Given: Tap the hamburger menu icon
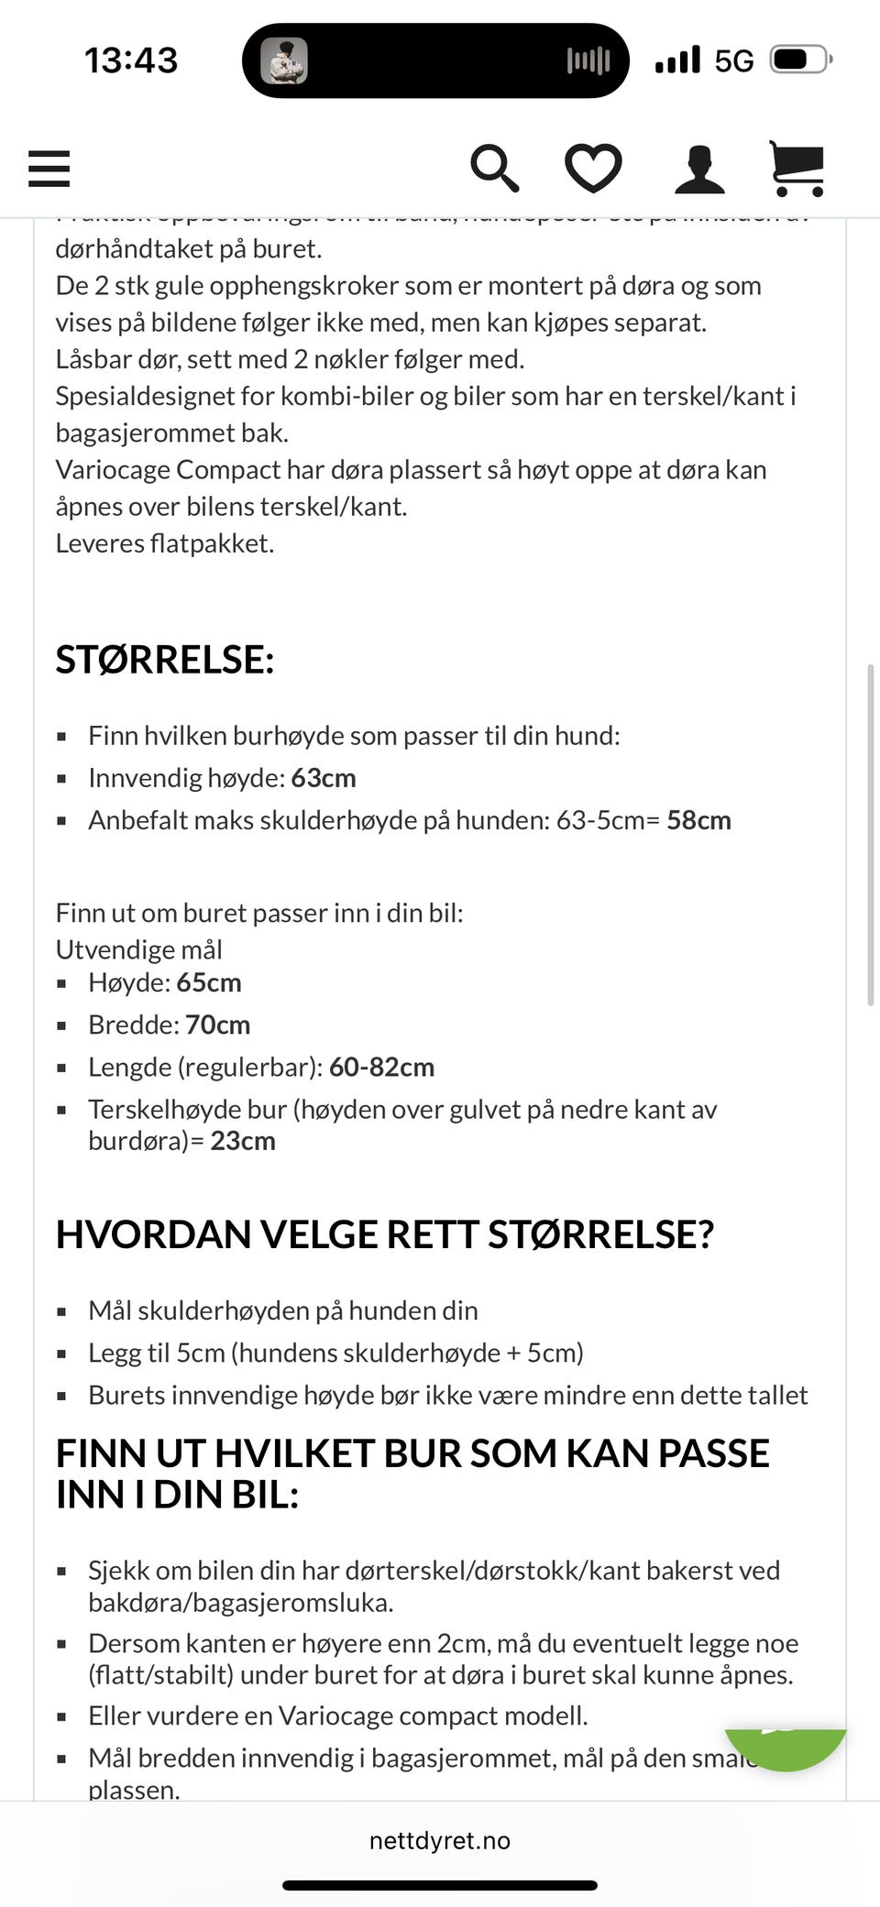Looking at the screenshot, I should tap(49, 169).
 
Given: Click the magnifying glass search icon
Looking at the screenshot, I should tap(494, 169).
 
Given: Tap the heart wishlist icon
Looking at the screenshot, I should tap(593, 169).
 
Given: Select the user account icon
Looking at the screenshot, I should tap(699, 170).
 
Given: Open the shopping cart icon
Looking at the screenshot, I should tap(797, 169).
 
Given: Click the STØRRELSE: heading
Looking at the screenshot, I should tap(165, 660).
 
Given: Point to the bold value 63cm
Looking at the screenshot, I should tap(324, 778).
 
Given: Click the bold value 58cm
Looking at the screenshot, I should tap(698, 820).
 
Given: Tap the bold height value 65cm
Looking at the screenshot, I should tap(209, 982).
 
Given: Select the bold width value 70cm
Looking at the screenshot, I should tap(218, 1025).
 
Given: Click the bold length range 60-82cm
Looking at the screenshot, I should tap(381, 1067).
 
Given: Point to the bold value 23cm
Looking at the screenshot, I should tap(243, 1141).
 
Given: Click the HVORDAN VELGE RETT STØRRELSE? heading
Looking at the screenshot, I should tap(385, 1234).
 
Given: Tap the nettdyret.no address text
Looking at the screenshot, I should tap(440, 1840).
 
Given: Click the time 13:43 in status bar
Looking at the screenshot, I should tap(131, 60).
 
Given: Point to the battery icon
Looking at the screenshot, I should tap(800, 60).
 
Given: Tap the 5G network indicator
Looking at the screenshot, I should tap(734, 61).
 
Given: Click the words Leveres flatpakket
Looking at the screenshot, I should tap(165, 543).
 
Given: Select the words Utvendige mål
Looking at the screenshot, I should tap(139, 949).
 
